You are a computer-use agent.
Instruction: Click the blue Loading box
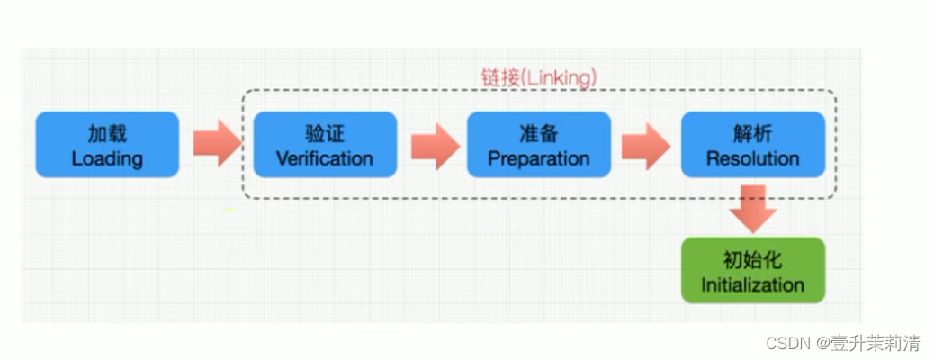pyautogui.click(x=107, y=144)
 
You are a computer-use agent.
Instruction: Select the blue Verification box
pyautogui.click(x=325, y=144)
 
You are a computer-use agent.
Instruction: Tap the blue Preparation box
pyautogui.click(x=538, y=144)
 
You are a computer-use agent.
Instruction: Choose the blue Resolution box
pyautogui.click(x=752, y=144)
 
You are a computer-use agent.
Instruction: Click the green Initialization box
pyautogui.click(x=752, y=270)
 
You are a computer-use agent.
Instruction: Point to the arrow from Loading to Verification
pyautogui.click(x=216, y=144)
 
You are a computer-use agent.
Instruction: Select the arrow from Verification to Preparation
pyautogui.click(x=435, y=144)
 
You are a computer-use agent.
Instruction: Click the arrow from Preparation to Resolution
pyautogui.click(x=646, y=144)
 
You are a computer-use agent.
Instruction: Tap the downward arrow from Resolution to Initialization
pyautogui.click(x=752, y=209)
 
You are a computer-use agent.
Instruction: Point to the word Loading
pyautogui.click(x=107, y=159)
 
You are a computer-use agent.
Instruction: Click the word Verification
pyautogui.click(x=325, y=159)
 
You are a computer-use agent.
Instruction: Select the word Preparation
pyautogui.click(x=538, y=159)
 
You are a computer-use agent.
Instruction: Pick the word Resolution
pyautogui.click(x=752, y=159)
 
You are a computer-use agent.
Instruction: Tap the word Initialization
pyautogui.click(x=752, y=285)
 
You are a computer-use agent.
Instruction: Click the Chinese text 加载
pyautogui.click(x=107, y=133)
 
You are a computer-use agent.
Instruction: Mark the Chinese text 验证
pyautogui.click(x=325, y=133)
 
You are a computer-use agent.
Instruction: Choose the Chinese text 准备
pyautogui.click(x=538, y=133)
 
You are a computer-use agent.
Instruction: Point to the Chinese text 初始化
pyautogui.click(x=752, y=260)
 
